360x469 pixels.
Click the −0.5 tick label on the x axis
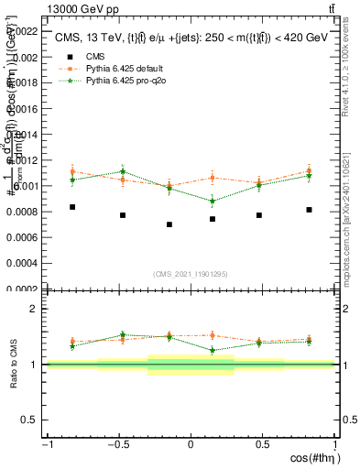tap(116, 445)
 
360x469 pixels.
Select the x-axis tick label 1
tap(335, 445)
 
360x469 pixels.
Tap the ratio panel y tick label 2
tap(34, 309)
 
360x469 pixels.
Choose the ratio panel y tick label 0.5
tap(30, 420)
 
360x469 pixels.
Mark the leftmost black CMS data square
tap(72, 207)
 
